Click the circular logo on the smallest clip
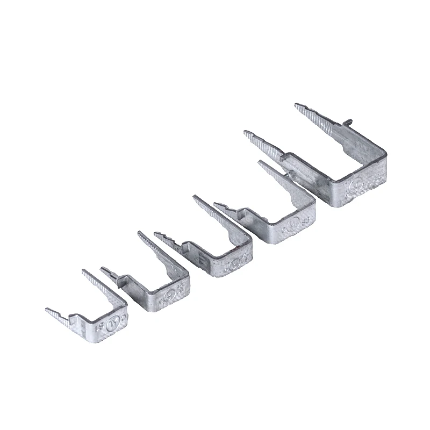112,325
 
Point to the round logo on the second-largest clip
293,224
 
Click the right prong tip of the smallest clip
84,271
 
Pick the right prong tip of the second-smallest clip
140,233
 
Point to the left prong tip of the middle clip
156,234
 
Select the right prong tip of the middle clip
195,198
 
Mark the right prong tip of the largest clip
296,105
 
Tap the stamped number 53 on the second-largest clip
306,220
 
